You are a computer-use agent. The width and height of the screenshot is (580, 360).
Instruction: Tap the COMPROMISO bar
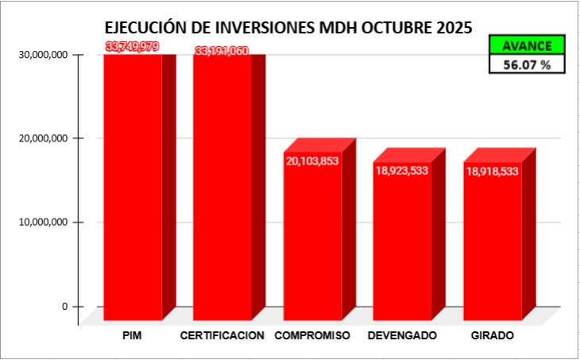pos(313,238)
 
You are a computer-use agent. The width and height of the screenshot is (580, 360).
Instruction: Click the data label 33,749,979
pos(132,47)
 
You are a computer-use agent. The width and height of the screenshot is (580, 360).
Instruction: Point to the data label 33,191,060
pos(222,51)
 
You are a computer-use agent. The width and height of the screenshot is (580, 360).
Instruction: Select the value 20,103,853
pos(312,160)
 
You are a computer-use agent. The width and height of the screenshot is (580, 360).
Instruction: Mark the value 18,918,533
pos(493,170)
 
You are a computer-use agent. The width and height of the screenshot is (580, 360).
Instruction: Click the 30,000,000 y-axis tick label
pos(42,55)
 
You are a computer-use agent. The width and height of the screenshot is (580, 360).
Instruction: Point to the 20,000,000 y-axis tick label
pos(42,138)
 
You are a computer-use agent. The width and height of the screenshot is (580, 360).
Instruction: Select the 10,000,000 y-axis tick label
pos(42,223)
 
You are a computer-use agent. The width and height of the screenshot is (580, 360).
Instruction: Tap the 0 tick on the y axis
pos(66,307)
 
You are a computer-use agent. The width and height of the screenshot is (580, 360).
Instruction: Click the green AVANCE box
pos(527,46)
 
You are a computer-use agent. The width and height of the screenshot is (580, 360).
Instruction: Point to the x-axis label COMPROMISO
pos(312,336)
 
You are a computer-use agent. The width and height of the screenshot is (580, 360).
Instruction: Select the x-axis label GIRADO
pos(492,336)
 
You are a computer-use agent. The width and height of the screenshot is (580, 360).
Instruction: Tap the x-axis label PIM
pos(133,336)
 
